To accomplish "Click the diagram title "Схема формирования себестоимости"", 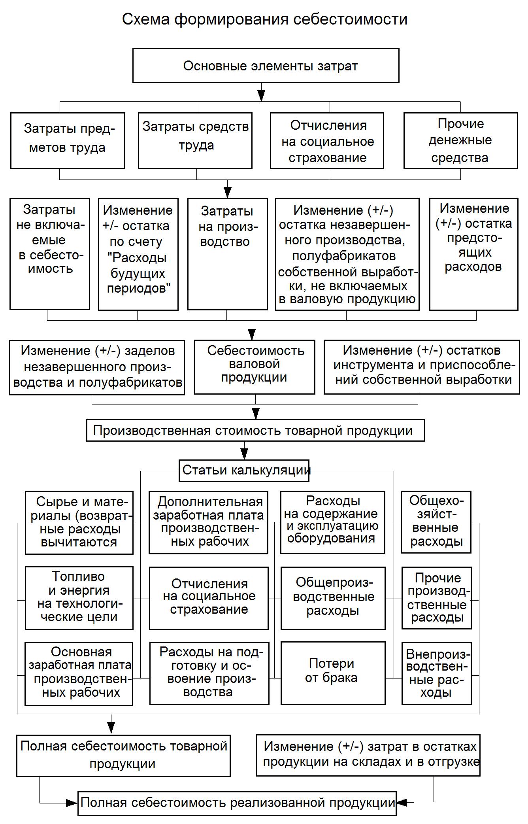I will click(x=264, y=19).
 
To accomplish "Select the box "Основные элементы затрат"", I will click(x=266, y=66).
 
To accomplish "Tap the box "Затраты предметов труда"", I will click(x=68, y=140).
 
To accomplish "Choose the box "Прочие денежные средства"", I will click(x=460, y=140).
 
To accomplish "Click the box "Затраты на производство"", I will click(x=227, y=253).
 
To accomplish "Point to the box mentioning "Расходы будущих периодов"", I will click(x=138, y=253).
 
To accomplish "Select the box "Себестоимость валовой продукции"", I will click(x=255, y=367).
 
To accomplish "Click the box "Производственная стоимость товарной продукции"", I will click(x=255, y=430).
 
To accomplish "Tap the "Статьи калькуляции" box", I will click(x=244, y=470).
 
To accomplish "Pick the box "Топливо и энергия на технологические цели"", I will click(x=79, y=598).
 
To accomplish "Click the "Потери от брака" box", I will click(x=333, y=673).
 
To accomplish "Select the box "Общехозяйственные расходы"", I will click(x=436, y=522).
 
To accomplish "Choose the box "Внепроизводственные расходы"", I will click(x=436, y=673).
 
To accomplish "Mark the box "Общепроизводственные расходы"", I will click(x=333, y=598).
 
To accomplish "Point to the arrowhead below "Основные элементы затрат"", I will click(x=261, y=96).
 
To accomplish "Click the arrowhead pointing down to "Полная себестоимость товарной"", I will click(x=111, y=727).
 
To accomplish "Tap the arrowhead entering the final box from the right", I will click(x=402, y=803).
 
